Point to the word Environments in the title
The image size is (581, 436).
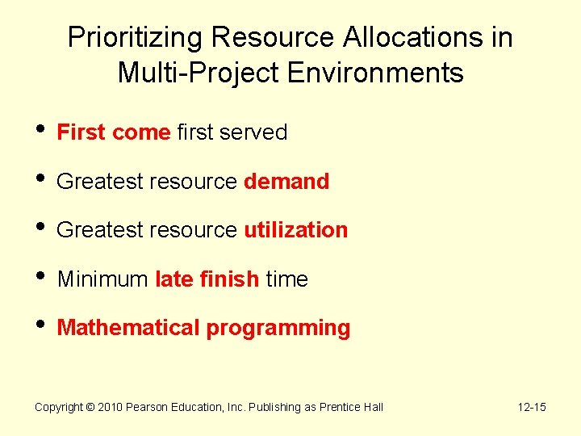pyautogui.click(x=374, y=73)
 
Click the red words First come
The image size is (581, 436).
pyautogui.click(x=113, y=132)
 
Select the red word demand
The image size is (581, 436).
pyautogui.click(x=286, y=182)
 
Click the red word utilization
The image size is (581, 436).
pyautogui.click(x=295, y=230)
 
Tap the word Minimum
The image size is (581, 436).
pyautogui.click(x=102, y=279)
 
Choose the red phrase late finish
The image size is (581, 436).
pyautogui.click(x=207, y=279)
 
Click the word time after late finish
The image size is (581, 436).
pyautogui.click(x=286, y=279)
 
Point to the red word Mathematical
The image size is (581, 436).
pyautogui.click(x=128, y=328)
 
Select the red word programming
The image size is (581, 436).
pyautogui.click(x=278, y=328)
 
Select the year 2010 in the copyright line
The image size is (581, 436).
pyautogui.click(x=111, y=407)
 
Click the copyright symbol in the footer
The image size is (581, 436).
pyautogui.click(x=90, y=407)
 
